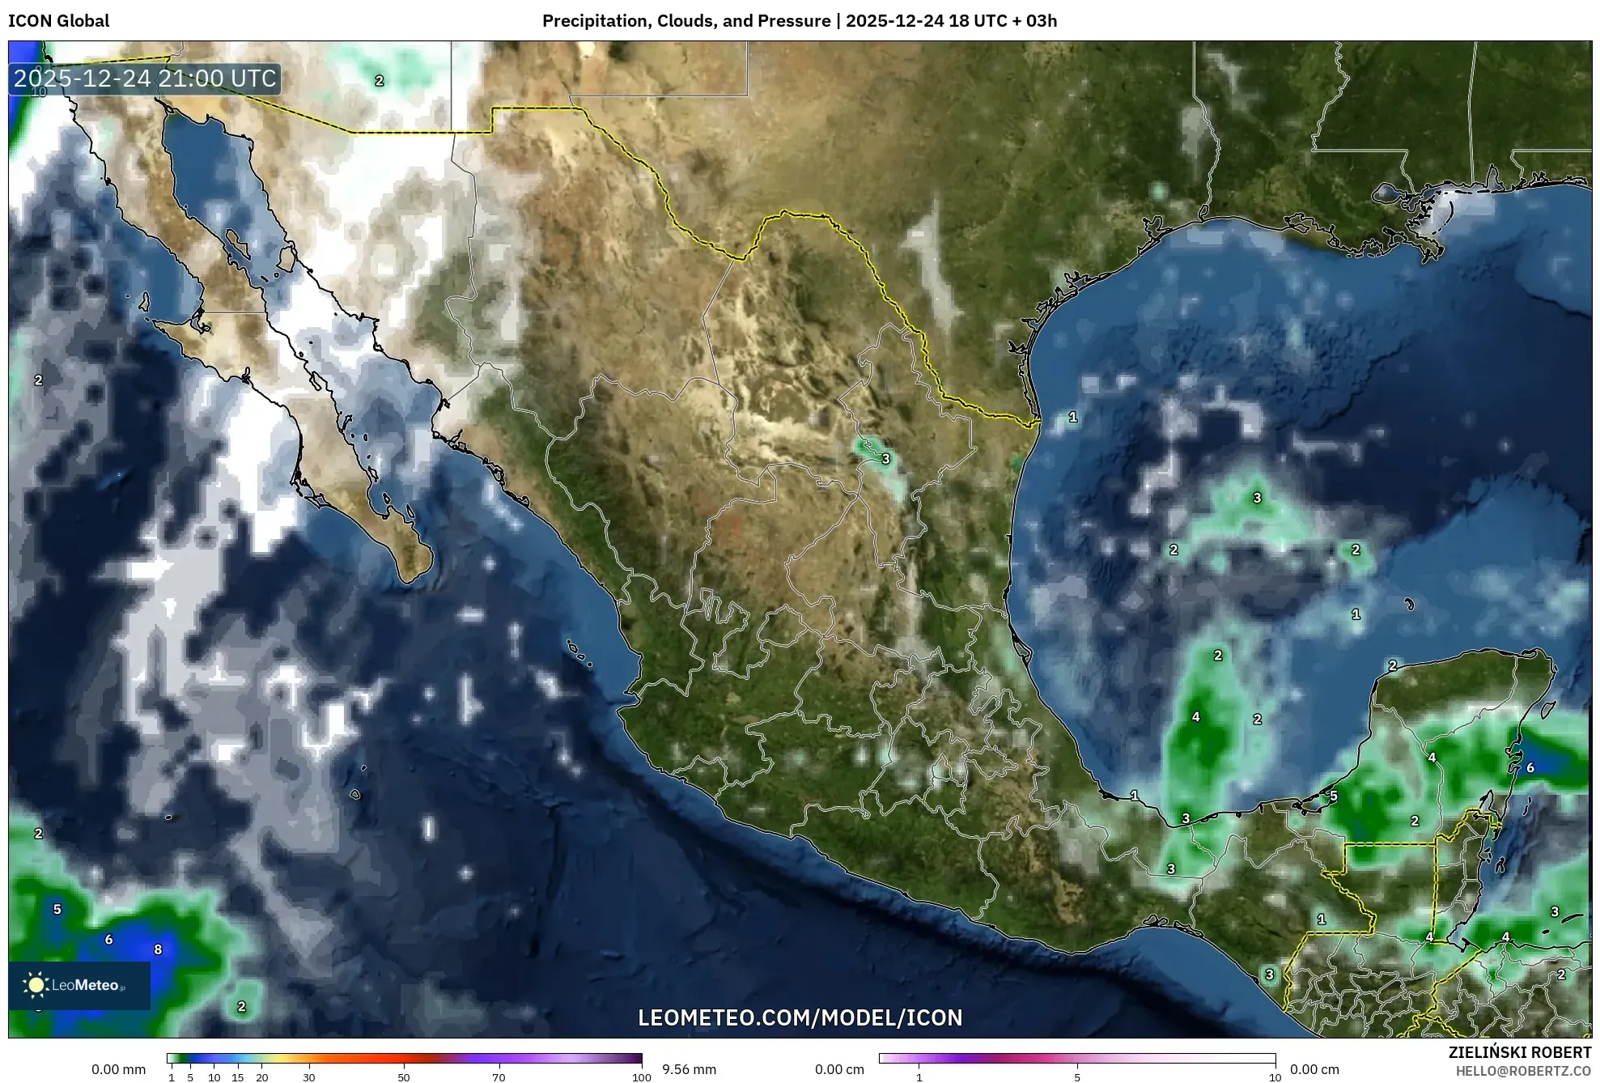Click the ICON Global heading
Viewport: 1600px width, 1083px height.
[58, 21]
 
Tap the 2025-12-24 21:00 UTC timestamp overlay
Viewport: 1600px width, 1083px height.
[145, 79]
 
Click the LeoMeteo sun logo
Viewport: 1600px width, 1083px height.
[36, 985]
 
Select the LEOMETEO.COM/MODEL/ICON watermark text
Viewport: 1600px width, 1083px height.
[800, 1017]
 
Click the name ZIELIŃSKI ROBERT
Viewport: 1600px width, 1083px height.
[1519, 1052]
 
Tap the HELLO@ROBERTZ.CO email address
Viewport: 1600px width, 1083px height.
[1523, 1071]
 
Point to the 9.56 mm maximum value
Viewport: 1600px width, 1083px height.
[689, 1069]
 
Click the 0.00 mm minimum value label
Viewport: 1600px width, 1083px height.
[118, 1069]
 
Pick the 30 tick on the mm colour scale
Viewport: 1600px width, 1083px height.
[309, 1077]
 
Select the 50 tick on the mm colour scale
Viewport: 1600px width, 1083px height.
[404, 1077]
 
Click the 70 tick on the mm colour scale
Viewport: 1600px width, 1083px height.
[499, 1077]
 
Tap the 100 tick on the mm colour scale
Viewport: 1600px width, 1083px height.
[641, 1077]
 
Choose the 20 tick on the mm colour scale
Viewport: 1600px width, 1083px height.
[261, 1077]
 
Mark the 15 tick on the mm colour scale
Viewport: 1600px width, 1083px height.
[238, 1077]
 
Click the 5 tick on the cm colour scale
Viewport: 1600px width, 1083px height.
[1077, 1077]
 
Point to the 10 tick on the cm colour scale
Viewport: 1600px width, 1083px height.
[1275, 1077]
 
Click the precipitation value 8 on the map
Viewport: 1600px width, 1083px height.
[158, 949]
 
